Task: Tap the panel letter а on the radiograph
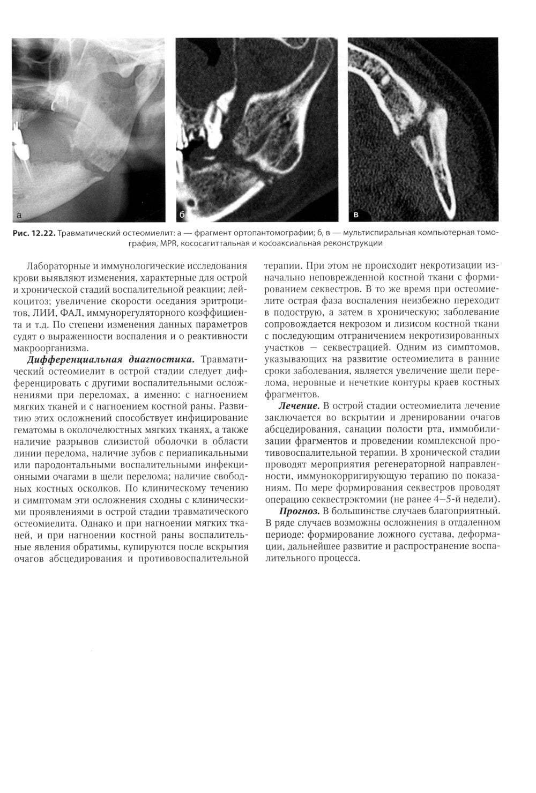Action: (18, 216)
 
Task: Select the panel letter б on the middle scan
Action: (182, 216)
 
